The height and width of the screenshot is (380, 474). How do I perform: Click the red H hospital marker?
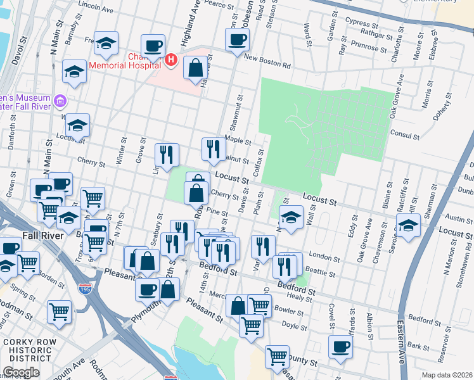click(170, 60)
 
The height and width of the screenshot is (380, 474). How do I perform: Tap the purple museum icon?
click(60, 100)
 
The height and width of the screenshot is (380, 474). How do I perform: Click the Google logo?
click(21, 373)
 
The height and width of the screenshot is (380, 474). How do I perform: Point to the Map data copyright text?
click(446, 375)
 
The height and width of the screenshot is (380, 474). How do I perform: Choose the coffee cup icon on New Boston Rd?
click(238, 40)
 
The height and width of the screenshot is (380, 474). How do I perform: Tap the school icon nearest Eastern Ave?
click(408, 225)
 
